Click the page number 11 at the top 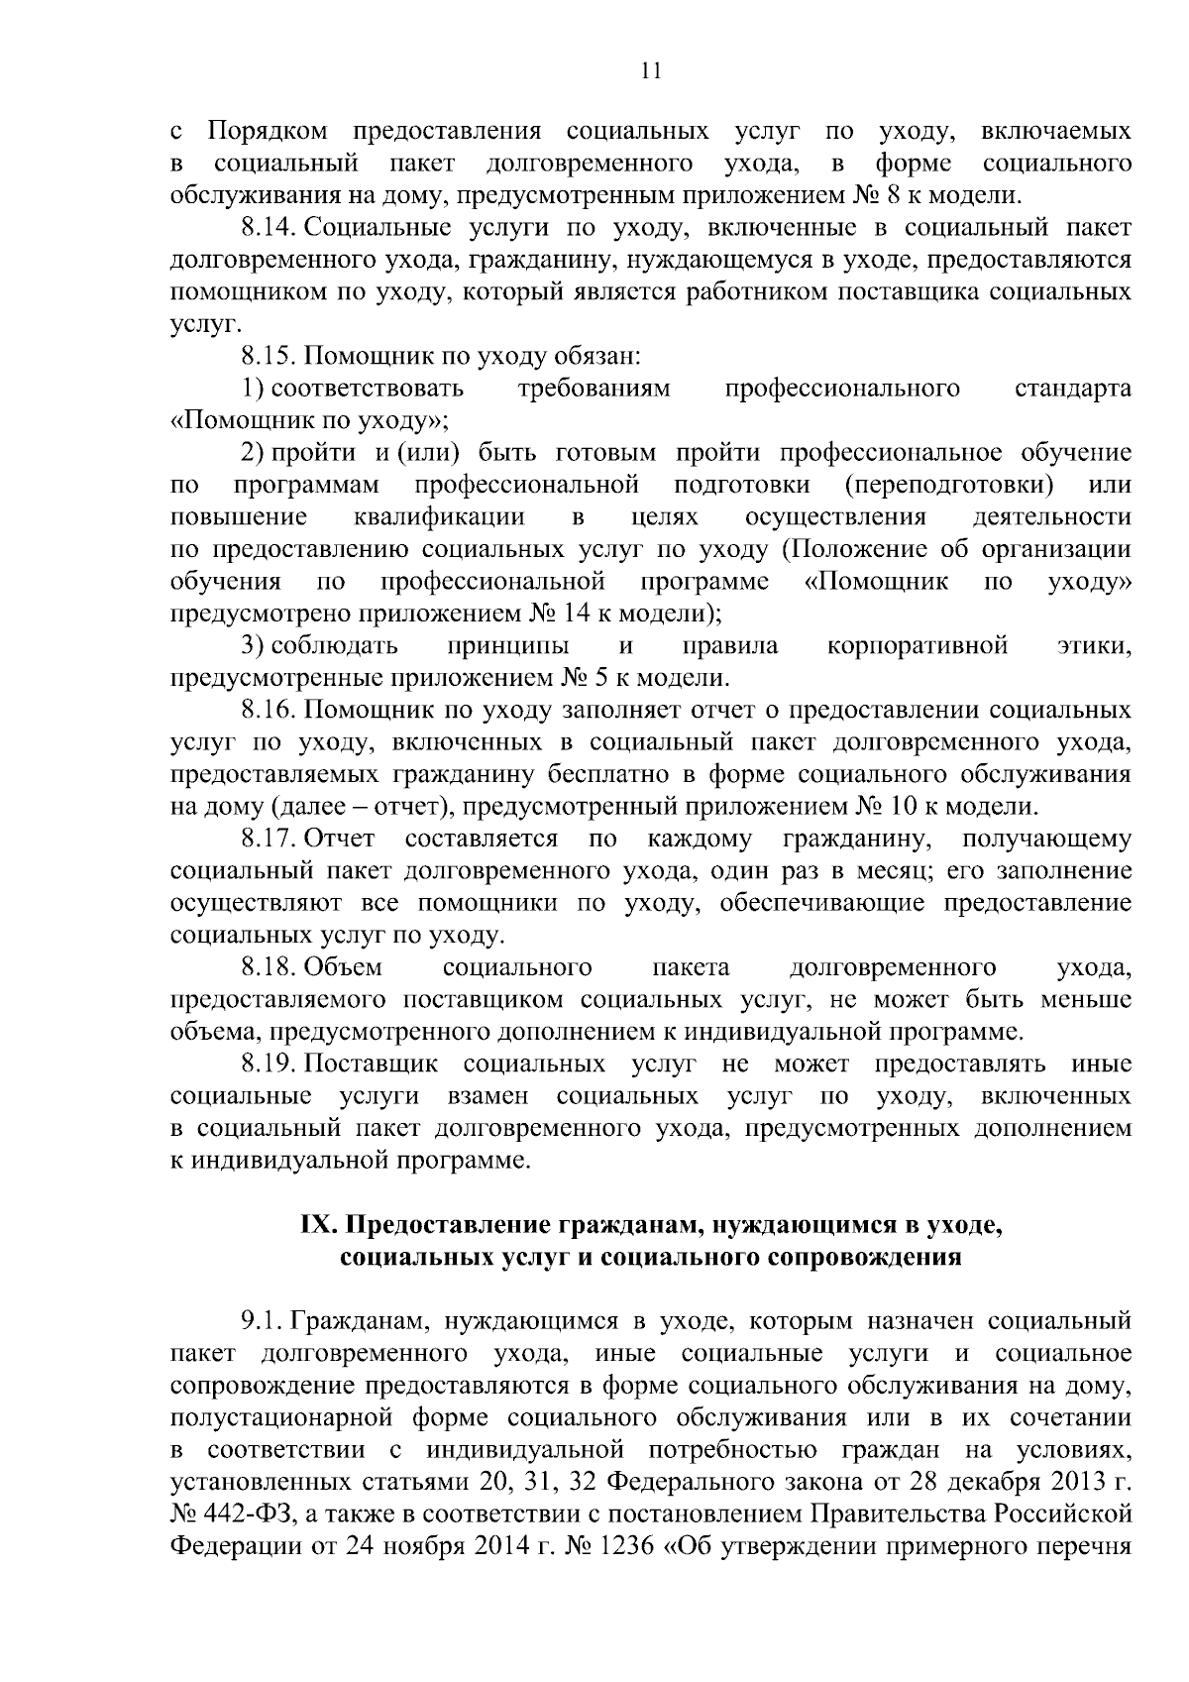pyautogui.click(x=651, y=71)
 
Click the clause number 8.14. pyautogui.click(x=269, y=228)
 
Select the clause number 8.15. pyautogui.click(x=269, y=356)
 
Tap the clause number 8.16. pyautogui.click(x=269, y=711)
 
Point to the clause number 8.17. pyautogui.click(x=269, y=840)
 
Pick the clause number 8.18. pyautogui.click(x=269, y=967)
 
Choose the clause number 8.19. pyautogui.click(x=269, y=1065)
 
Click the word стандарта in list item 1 pyautogui.click(x=1073, y=389)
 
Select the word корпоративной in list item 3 pyautogui.click(x=917, y=646)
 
